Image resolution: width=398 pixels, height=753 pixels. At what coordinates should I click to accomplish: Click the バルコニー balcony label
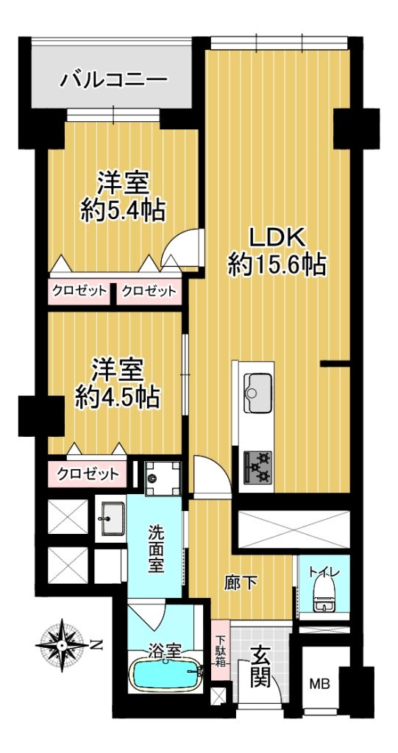114,79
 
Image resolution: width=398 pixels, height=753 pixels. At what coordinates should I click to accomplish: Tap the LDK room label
277,238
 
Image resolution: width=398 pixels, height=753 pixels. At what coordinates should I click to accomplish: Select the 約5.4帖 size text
123,210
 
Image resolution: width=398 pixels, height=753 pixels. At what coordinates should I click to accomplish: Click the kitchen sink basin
258,392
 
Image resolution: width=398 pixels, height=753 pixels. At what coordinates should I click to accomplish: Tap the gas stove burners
257,465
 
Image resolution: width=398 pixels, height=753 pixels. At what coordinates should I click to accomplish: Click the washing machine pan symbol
163,477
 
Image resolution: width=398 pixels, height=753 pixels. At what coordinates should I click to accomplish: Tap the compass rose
63,644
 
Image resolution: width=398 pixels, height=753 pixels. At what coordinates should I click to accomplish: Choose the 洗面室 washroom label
155,549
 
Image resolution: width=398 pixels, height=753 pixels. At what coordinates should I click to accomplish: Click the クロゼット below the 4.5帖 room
88,474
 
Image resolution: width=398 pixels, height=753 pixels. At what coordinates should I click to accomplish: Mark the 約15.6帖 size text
277,265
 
